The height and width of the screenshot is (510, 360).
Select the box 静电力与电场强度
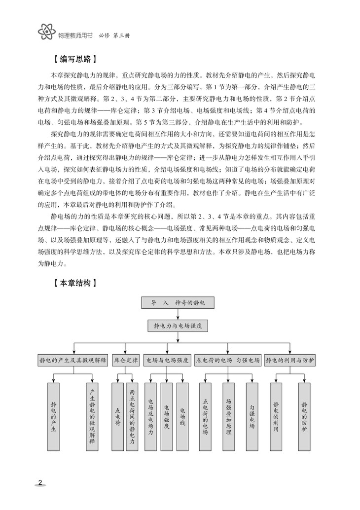click(178, 326)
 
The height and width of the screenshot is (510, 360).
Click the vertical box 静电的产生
click(53, 416)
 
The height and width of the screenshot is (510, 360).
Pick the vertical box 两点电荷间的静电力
click(132, 416)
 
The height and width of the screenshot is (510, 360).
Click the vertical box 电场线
click(182, 416)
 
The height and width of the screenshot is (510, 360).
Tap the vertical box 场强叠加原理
click(228, 416)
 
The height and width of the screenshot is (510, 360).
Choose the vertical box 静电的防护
click(304, 416)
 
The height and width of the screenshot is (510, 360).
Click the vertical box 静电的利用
click(276, 416)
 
